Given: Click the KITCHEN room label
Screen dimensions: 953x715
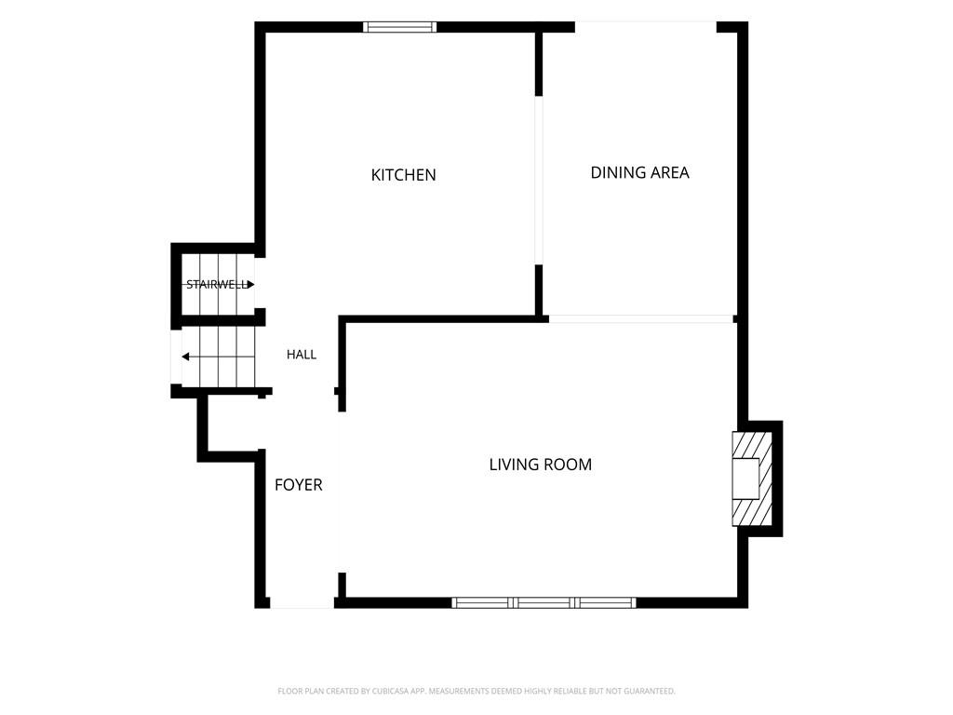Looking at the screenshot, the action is click(x=404, y=175).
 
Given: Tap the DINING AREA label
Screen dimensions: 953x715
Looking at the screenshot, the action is click(x=640, y=172).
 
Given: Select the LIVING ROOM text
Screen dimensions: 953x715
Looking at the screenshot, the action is click(x=541, y=465).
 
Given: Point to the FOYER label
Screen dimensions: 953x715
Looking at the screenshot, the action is click(x=299, y=484).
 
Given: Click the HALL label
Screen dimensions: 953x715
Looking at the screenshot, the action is click(x=302, y=355).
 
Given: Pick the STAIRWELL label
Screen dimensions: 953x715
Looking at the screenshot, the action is click(x=217, y=285).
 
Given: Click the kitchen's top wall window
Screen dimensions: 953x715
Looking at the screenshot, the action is click(x=400, y=27).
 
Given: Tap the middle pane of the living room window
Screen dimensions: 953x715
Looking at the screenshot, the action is click(x=544, y=602).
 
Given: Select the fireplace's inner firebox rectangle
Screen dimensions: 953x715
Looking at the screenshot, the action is click(x=745, y=479).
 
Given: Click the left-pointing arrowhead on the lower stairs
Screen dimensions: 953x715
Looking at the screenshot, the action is click(x=185, y=357).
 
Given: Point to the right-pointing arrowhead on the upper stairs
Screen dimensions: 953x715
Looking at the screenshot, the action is click(x=251, y=285).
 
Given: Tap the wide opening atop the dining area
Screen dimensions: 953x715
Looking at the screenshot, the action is click(x=646, y=27).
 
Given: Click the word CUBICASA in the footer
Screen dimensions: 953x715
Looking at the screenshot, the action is click(x=390, y=692).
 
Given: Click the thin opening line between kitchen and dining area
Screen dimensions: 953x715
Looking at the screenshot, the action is click(x=539, y=181).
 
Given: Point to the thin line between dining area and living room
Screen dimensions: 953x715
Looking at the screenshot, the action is click(x=641, y=319).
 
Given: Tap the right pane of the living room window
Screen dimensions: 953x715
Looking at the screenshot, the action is click(x=605, y=602).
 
